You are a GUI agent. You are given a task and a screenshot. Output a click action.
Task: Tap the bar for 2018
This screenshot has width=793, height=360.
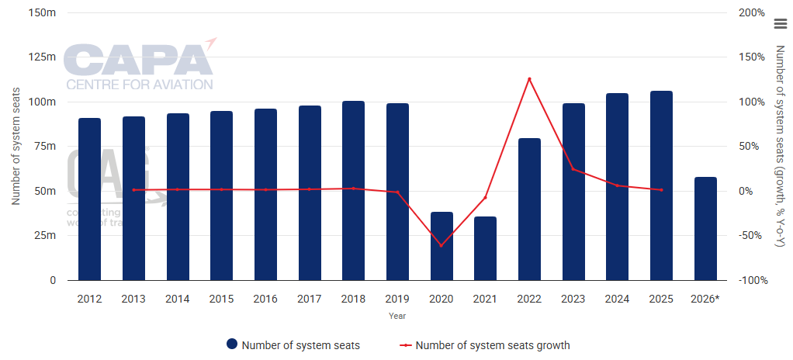(x=353, y=191)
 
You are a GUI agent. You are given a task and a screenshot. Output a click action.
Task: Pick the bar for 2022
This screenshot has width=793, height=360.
(x=529, y=209)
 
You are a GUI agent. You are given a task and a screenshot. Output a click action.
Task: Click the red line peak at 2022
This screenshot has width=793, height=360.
(x=529, y=78)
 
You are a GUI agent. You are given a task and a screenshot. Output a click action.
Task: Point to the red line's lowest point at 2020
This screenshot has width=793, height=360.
(x=442, y=245)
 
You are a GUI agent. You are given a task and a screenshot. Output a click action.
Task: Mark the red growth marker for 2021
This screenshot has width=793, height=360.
(x=486, y=198)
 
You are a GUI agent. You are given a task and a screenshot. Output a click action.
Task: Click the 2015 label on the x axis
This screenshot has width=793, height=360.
(x=221, y=299)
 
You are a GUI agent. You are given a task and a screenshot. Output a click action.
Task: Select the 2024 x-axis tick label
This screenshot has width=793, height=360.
(x=617, y=299)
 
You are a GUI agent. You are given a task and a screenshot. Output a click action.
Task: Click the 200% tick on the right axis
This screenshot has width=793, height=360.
(x=752, y=13)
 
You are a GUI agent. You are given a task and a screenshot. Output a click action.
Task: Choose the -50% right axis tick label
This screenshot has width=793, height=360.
(x=752, y=236)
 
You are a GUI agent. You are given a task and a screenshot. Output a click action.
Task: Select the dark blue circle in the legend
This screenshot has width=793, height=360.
(x=231, y=345)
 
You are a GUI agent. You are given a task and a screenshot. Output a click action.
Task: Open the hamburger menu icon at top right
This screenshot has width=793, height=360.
(x=781, y=23)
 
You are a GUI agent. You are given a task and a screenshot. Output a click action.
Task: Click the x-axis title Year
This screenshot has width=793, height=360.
(x=397, y=316)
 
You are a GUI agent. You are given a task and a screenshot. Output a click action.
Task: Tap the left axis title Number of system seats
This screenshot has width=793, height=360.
(x=16, y=147)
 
